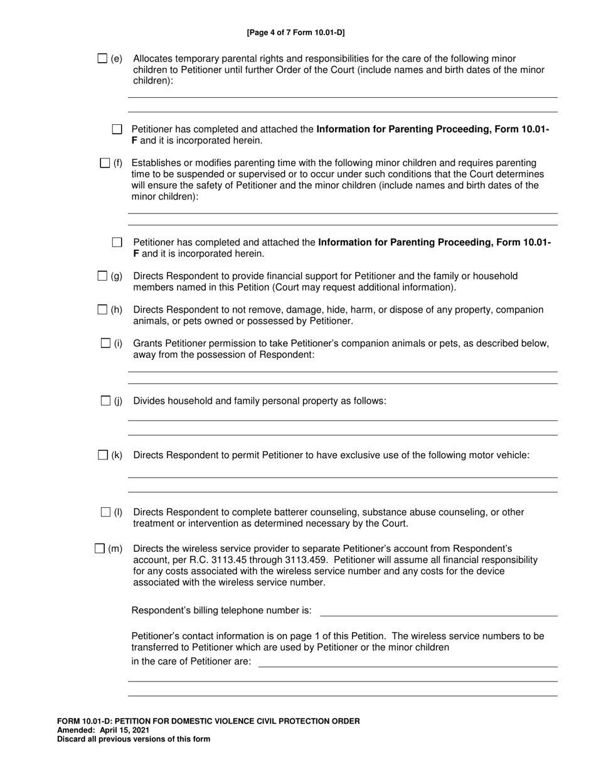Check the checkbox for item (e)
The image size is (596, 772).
[x=103, y=58]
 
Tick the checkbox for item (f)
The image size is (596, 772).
[x=105, y=163]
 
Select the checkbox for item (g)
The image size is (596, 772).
[x=103, y=276]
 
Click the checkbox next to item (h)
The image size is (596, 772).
[x=103, y=309]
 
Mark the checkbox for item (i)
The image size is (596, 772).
[x=105, y=343]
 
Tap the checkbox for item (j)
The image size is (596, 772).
[x=105, y=400]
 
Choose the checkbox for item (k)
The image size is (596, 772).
[x=104, y=455]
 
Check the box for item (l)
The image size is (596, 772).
[x=105, y=512]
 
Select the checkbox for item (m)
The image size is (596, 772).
[x=100, y=549]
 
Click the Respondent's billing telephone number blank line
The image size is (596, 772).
[x=439, y=611]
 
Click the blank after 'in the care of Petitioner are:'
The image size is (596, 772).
[x=408, y=662]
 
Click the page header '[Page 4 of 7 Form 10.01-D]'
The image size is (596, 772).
[x=295, y=33]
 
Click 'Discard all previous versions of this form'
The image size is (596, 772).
[x=134, y=739]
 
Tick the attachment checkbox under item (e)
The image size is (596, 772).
[x=117, y=129]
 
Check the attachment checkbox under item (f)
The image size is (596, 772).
[x=117, y=242]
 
